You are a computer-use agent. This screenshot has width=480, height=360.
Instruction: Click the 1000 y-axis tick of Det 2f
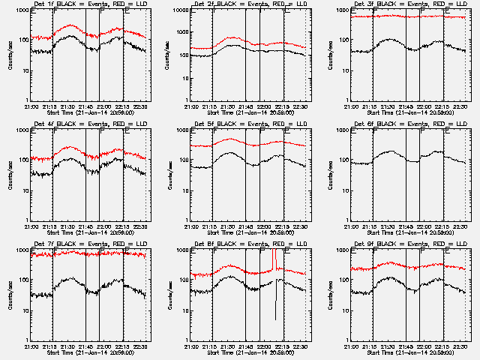click(x=179, y=11)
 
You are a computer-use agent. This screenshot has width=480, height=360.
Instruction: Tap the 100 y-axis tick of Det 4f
click(x=21, y=160)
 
